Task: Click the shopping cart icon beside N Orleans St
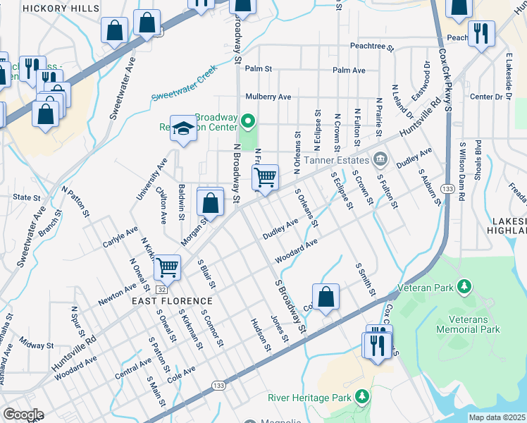click(x=265, y=177)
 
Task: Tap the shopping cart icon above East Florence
click(x=168, y=267)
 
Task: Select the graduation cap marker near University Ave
click(x=183, y=128)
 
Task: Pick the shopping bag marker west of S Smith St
click(x=326, y=297)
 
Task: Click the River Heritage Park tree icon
click(x=362, y=397)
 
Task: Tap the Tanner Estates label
click(x=342, y=157)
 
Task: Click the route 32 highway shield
click(x=162, y=289)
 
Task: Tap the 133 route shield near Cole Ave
click(x=220, y=384)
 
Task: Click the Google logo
click(x=23, y=415)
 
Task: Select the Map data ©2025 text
click(x=496, y=417)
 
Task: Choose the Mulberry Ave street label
click(x=268, y=97)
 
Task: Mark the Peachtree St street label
click(x=371, y=46)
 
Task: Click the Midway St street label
click(x=37, y=345)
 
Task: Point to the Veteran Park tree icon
click(x=464, y=286)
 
